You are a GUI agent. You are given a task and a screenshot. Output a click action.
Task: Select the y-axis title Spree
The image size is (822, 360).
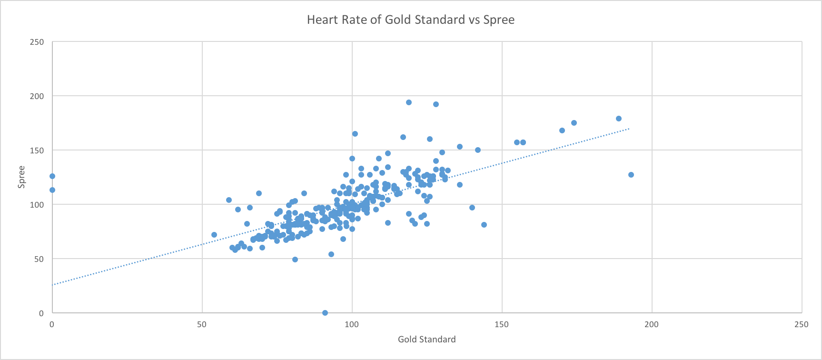tap(21, 177)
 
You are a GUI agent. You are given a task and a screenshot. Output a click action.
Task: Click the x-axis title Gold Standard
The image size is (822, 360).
tap(426, 339)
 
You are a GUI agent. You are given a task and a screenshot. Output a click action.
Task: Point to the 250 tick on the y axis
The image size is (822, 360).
tap(37, 42)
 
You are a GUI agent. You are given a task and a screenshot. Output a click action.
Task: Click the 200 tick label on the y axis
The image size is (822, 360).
tap(37, 96)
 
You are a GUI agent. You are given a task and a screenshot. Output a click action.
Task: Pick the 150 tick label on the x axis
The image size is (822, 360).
tap(502, 324)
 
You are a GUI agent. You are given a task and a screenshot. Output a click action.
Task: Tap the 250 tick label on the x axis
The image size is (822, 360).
tap(802, 324)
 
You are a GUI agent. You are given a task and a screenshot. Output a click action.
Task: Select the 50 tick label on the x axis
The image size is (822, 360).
tap(202, 324)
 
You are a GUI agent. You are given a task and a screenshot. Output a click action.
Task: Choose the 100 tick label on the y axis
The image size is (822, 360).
tap(37, 205)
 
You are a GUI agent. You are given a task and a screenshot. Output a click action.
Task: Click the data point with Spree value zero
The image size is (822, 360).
tap(325, 313)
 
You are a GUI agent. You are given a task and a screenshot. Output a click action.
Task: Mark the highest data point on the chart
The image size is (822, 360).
tap(409, 102)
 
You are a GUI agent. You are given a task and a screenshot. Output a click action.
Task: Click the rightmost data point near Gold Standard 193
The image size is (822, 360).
tap(631, 175)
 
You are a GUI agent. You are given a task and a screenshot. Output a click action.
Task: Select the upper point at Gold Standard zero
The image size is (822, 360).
tap(52, 176)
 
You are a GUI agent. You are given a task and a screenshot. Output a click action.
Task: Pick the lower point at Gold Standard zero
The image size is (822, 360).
tap(52, 190)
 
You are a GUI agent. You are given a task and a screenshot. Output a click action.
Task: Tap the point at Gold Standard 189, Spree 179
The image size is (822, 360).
tap(619, 119)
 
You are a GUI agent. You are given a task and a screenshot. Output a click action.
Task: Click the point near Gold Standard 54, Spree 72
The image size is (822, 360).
tap(214, 235)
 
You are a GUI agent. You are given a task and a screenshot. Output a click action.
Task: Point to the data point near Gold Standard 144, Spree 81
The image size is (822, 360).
tap(484, 225)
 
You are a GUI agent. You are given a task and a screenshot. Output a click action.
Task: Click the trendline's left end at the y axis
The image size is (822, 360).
tap(53, 285)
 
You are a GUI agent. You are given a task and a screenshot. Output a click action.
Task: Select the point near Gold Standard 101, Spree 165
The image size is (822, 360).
tap(355, 134)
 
